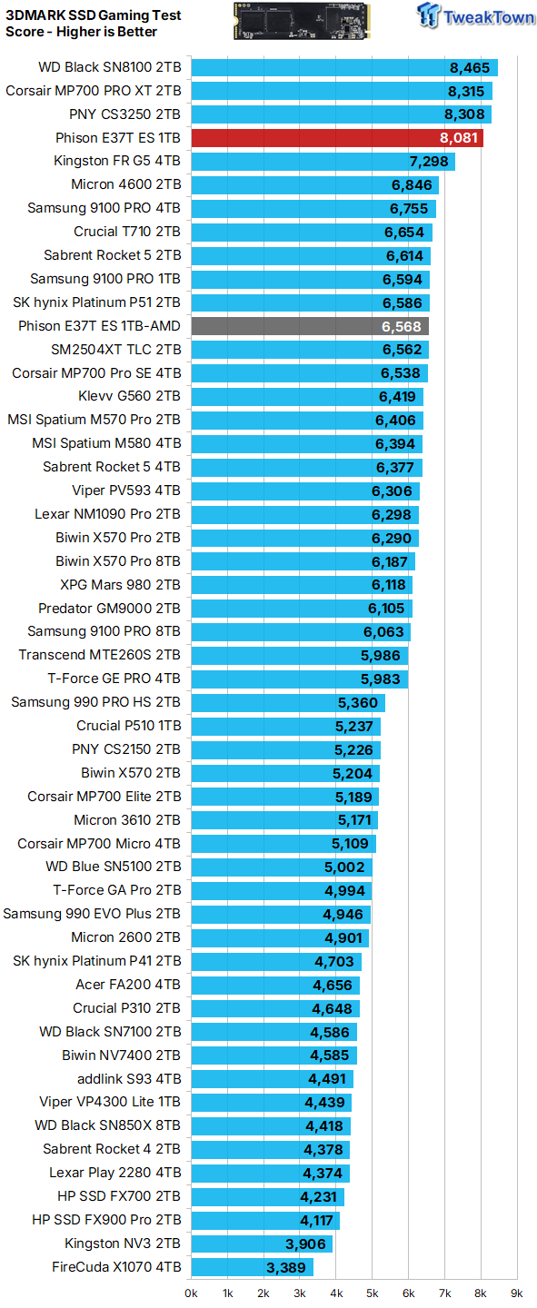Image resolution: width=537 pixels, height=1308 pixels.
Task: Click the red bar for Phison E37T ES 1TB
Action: pyautogui.click(x=337, y=138)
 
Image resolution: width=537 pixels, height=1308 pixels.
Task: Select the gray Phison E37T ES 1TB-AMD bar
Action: pyautogui.click(x=310, y=326)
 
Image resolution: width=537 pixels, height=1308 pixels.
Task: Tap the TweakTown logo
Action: pyautogui.click(x=475, y=16)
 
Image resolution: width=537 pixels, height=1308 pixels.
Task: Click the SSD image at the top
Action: pyautogui.click(x=302, y=20)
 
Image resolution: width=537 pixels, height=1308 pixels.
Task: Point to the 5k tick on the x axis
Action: pyautogui.click(x=373, y=1293)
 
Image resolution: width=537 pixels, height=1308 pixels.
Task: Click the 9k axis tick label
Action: pyautogui.click(x=517, y=1293)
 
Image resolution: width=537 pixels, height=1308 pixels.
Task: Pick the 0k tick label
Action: pyautogui.click(x=191, y=1293)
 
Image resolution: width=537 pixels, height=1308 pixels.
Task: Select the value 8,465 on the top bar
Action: pyautogui.click(x=470, y=68)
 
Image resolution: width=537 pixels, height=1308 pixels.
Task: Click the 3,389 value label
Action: pyautogui.click(x=286, y=1268)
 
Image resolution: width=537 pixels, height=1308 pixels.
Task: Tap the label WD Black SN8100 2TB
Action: pyautogui.click(x=110, y=67)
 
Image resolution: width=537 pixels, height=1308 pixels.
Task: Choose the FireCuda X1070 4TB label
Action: pyautogui.click(x=116, y=1267)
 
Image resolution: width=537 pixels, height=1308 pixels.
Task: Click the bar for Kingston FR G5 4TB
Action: pyautogui.click(x=323, y=161)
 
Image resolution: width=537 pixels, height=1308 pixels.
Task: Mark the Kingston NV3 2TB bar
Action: pyautogui.click(x=262, y=1244)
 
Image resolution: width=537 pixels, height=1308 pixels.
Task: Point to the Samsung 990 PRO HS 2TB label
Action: pyautogui.click(x=95, y=702)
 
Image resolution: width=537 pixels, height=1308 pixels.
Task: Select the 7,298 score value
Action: pyautogui.click(x=429, y=162)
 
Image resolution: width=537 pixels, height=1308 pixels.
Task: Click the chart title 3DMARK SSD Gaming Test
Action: pyautogui.click(x=94, y=15)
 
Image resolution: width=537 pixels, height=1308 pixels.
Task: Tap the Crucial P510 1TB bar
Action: pyautogui.click(x=286, y=727)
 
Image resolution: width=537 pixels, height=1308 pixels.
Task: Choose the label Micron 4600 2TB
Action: pyautogui.click(x=126, y=184)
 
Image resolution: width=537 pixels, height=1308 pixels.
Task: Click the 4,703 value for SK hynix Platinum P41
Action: pyautogui.click(x=334, y=962)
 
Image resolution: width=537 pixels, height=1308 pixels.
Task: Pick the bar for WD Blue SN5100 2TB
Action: pyautogui.click(x=282, y=867)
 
